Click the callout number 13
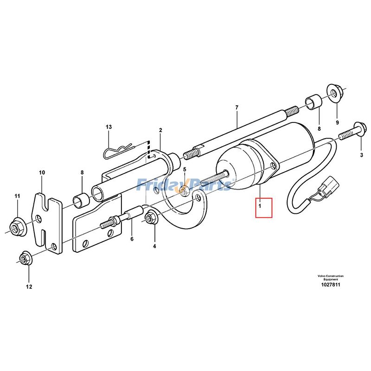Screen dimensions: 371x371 click(x=109, y=127)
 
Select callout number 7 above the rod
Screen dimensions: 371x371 click(x=237, y=108)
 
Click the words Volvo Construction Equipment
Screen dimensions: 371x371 click(x=330, y=277)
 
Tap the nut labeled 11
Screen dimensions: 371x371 click(x=17, y=226)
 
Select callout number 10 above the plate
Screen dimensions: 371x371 click(x=29, y=287)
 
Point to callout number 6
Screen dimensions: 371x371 click(x=132, y=239)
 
